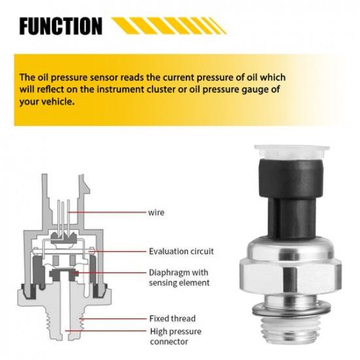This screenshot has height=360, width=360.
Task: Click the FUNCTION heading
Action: [x=60, y=26]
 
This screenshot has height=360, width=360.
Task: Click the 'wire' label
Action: [x=156, y=212]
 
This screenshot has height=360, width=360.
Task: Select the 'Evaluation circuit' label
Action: [x=181, y=251]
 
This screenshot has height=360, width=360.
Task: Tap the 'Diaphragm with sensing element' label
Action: [x=179, y=277]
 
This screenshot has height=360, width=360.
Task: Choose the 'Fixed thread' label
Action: [x=171, y=318]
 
